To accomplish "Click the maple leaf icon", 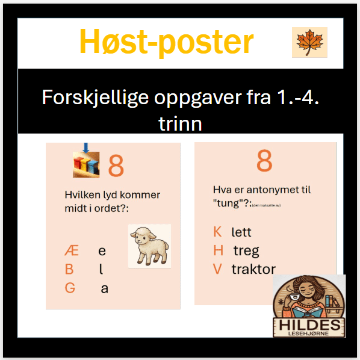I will [309, 42].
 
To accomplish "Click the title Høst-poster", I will [166, 42].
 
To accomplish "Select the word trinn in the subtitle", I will [180, 124].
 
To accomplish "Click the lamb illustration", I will [149, 246].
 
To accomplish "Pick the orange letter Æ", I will [71, 251].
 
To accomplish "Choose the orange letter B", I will [70, 270].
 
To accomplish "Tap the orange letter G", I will [70, 288].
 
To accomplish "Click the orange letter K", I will [217, 232].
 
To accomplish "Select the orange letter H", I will [218, 250].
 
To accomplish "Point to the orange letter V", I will [217, 269].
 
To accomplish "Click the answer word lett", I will [241, 232].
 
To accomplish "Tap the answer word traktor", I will [253, 269].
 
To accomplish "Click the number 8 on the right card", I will [264, 161].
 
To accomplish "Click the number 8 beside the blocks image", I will [116, 166].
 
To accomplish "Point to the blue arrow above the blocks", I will [86, 147].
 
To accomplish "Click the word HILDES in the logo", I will [309, 326].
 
